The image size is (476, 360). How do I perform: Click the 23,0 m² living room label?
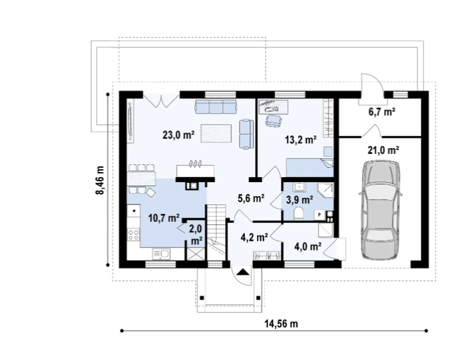pos(178,134)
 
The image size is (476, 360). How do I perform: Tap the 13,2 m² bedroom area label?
pos(300,140)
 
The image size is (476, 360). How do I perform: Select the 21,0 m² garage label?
pos(383,150)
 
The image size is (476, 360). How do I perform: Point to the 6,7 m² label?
pos(382,111)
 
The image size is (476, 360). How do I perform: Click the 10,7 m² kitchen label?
pos(164,218)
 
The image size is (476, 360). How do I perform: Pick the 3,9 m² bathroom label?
pos(300,200)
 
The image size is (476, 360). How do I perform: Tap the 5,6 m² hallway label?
pos(251,198)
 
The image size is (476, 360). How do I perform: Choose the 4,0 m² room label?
pos(308,246)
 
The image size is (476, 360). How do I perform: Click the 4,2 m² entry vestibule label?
pos(254,237)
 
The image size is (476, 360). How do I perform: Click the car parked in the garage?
pos(380,210)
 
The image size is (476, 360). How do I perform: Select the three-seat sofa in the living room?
pos(216,106)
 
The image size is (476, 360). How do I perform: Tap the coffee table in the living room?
pos(216,133)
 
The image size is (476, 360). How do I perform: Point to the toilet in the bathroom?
pos(299,213)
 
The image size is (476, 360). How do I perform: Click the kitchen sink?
pos(161,254)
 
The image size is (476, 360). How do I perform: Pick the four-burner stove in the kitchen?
pos(134,235)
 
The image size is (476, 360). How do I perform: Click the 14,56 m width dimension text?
pos(281,324)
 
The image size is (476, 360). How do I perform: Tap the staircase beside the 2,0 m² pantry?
pos(216,232)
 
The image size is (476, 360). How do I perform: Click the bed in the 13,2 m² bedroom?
pos(310,168)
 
